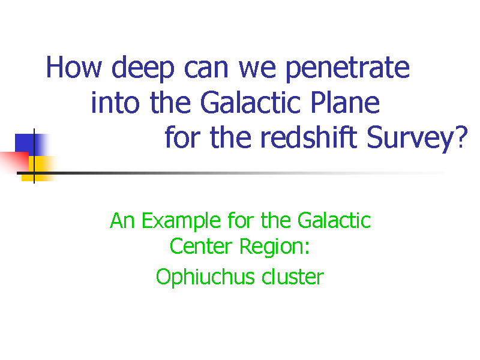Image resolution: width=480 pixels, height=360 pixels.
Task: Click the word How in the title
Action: pyautogui.click(x=74, y=67)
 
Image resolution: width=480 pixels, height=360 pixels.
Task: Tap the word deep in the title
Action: pyautogui.click(x=143, y=68)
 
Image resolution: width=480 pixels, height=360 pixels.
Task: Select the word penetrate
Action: pyautogui.click(x=347, y=69)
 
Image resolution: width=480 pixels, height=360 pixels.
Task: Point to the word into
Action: pyautogui.click(x=115, y=102)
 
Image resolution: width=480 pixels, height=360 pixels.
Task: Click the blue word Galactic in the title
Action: pyautogui.click(x=250, y=102)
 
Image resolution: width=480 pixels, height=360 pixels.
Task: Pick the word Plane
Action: pyautogui.click(x=346, y=102)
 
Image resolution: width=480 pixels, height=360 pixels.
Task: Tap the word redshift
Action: pyautogui.click(x=309, y=137)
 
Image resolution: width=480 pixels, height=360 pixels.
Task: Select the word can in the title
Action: pyautogui.click(x=206, y=68)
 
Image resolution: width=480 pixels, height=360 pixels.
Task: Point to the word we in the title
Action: pyautogui.click(x=257, y=68)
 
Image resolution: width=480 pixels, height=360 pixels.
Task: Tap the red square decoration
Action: pyautogui.click(x=14, y=161)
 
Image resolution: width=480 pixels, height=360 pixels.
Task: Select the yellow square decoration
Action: pyautogui.click(x=39, y=169)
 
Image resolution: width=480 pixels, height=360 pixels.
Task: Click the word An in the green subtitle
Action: pyautogui.click(x=122, y=220)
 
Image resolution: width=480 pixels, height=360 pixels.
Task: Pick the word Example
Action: pyautogui.click(x=181, y=221)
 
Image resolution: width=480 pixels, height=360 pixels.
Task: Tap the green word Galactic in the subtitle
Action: pyautogui.click(x=334, y=220)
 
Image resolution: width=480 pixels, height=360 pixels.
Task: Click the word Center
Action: pyautogui.click(x=201, y=246)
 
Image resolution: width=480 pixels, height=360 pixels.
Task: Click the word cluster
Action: pyautogui.click(x=293, y=277)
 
